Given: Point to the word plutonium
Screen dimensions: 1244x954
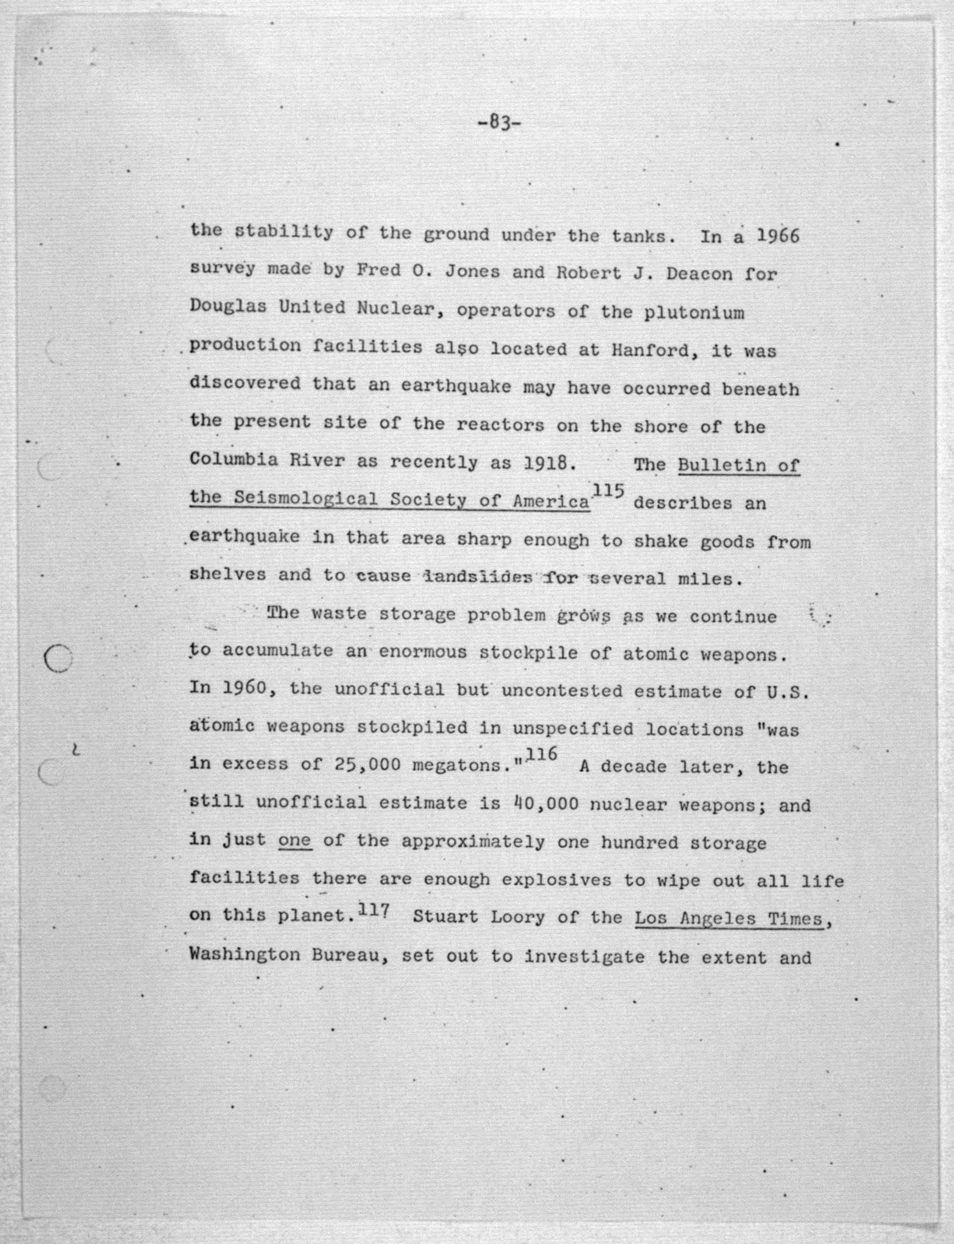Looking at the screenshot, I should click(694, 312).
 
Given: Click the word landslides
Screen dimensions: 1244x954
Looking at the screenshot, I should click(478, 577).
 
